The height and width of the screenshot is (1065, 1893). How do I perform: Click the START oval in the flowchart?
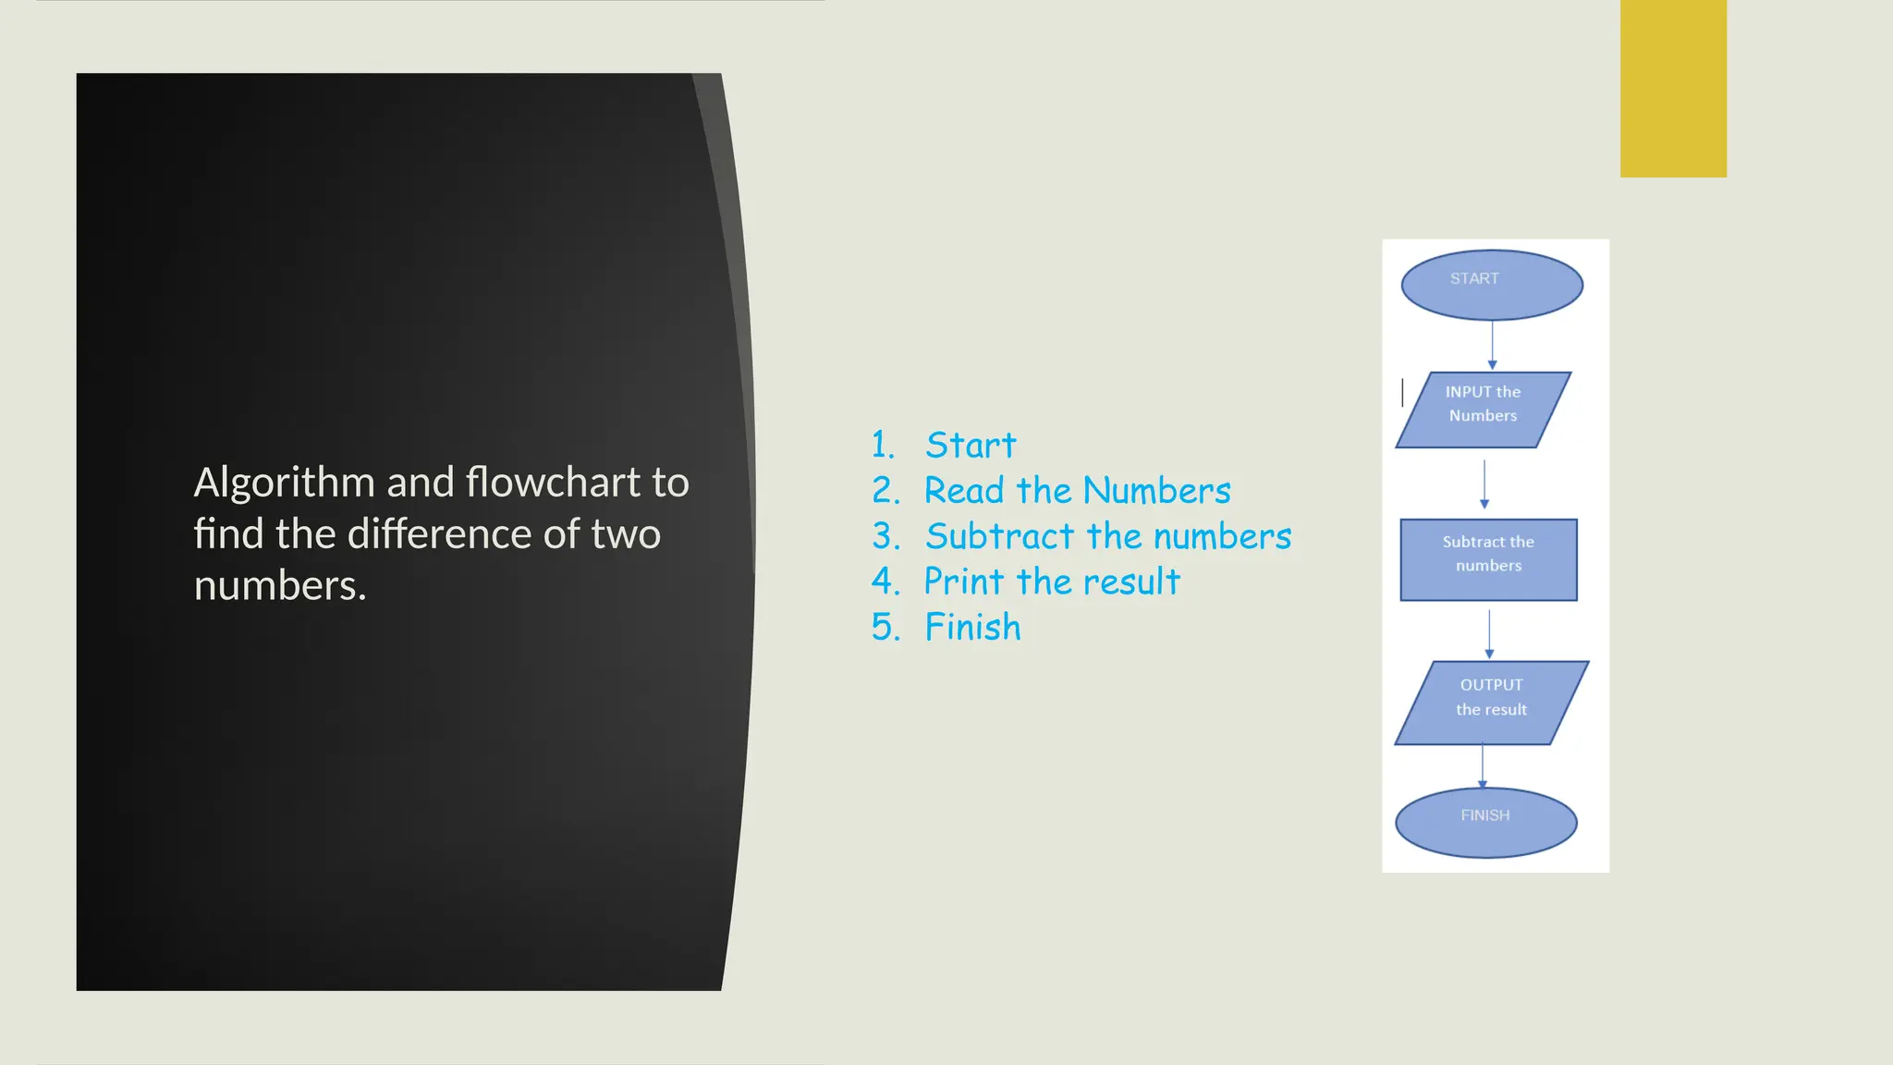1492,285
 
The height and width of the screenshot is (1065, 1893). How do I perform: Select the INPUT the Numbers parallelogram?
1483,410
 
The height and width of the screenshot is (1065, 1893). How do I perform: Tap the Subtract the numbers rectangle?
1488,559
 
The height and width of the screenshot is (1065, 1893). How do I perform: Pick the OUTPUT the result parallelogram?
1491,703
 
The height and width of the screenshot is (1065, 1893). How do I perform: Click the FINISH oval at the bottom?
1485,822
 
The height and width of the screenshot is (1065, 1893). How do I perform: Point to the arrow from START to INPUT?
1492,345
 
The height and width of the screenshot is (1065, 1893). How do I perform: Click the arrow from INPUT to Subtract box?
1484,484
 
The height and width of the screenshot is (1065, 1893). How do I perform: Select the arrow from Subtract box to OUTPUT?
1489,633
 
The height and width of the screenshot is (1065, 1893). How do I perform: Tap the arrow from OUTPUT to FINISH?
1483,766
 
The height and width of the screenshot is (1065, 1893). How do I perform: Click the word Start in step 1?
971,446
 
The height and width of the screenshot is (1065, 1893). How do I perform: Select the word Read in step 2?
964,491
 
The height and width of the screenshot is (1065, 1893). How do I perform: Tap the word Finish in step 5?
973,627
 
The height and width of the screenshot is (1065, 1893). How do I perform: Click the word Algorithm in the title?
285,483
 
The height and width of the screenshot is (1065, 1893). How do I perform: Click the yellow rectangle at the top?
1673,89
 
